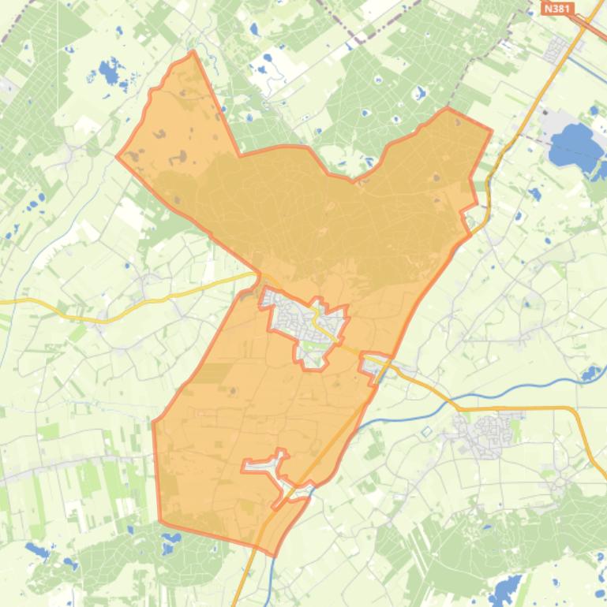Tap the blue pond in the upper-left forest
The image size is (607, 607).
(110, 73)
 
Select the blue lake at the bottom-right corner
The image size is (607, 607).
(506, 588)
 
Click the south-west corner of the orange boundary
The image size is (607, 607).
(160, 521)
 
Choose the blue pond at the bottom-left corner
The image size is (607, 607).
(36, 549)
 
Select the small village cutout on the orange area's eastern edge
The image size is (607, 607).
(374, 363)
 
